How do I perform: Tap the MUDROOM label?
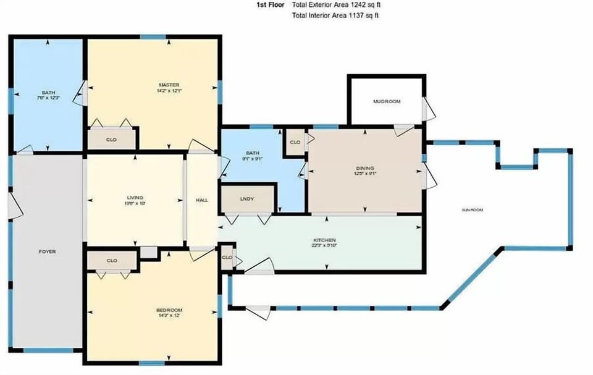point(387,101)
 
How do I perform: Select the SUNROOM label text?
point(472,210)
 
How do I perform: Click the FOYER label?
point(48,251)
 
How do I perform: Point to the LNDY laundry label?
point(247,200)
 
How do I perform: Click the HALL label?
point(201,200)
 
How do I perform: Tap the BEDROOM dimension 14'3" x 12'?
point(169,316)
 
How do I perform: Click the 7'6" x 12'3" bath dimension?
point(48,98)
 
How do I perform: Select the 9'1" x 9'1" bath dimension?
point(251,159)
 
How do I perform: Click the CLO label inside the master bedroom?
point(111,140)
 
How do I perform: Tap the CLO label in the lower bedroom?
point(111,261)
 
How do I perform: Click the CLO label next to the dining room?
point(295,142)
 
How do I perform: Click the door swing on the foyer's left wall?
point(16,209)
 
